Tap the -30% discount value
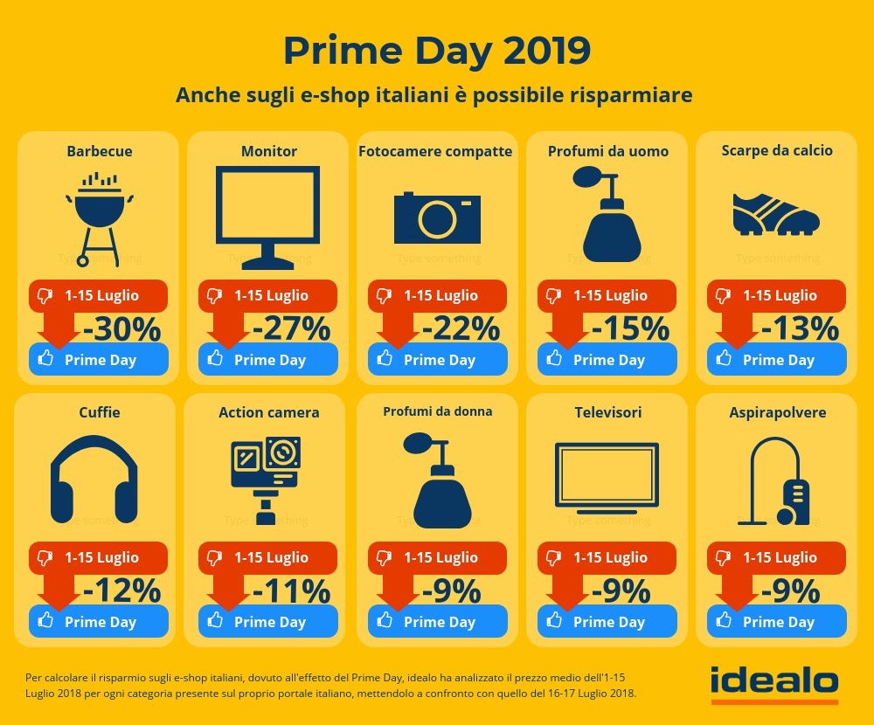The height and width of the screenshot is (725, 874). tap(122, 329)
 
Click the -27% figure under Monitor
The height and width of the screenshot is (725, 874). tap(292, 329)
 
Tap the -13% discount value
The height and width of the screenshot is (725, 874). tap(801, 329)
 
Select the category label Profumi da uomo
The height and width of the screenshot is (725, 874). tap(608, 151)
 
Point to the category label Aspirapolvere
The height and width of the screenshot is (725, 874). tap(777, 412)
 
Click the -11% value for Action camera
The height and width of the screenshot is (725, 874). tap(292, 591)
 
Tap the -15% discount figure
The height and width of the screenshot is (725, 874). tap(631, 329)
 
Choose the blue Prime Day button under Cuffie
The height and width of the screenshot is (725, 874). tap(98, 622)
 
